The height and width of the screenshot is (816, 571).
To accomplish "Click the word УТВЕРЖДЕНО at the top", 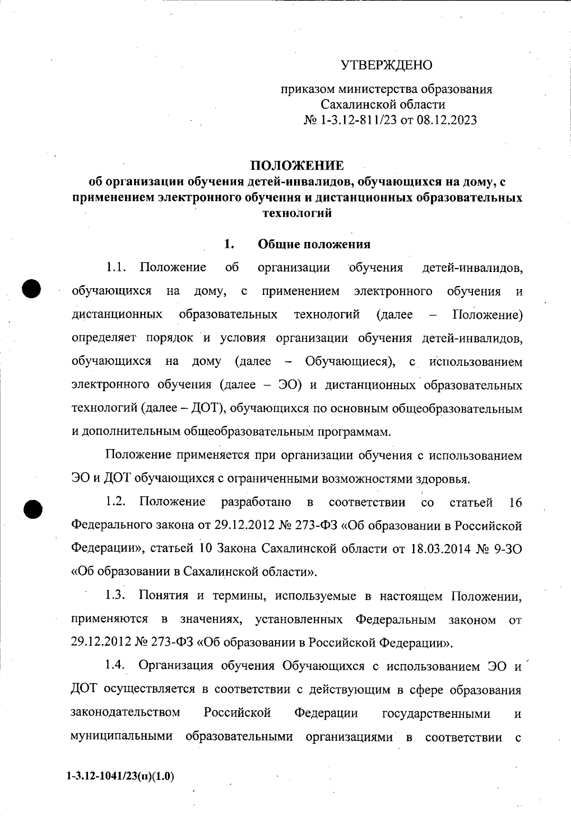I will (x=386, y=65).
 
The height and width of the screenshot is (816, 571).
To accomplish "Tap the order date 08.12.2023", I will (x=446, y=120).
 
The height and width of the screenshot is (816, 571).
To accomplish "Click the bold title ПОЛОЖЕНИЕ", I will (x=297, y=165).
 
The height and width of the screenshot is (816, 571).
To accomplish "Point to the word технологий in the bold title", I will (x=297, y=213).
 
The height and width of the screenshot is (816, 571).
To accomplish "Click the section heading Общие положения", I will (x=314, y=244).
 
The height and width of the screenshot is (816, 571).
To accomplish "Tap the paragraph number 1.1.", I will (x=116, y=267).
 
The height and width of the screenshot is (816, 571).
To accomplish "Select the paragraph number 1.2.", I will (x=116, y=502).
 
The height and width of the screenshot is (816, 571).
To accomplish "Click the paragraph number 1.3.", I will (x=116, y=595).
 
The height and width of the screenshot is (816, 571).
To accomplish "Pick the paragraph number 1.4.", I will (x=116, y=665).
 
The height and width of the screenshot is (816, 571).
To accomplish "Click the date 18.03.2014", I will (x=436, y=549).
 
